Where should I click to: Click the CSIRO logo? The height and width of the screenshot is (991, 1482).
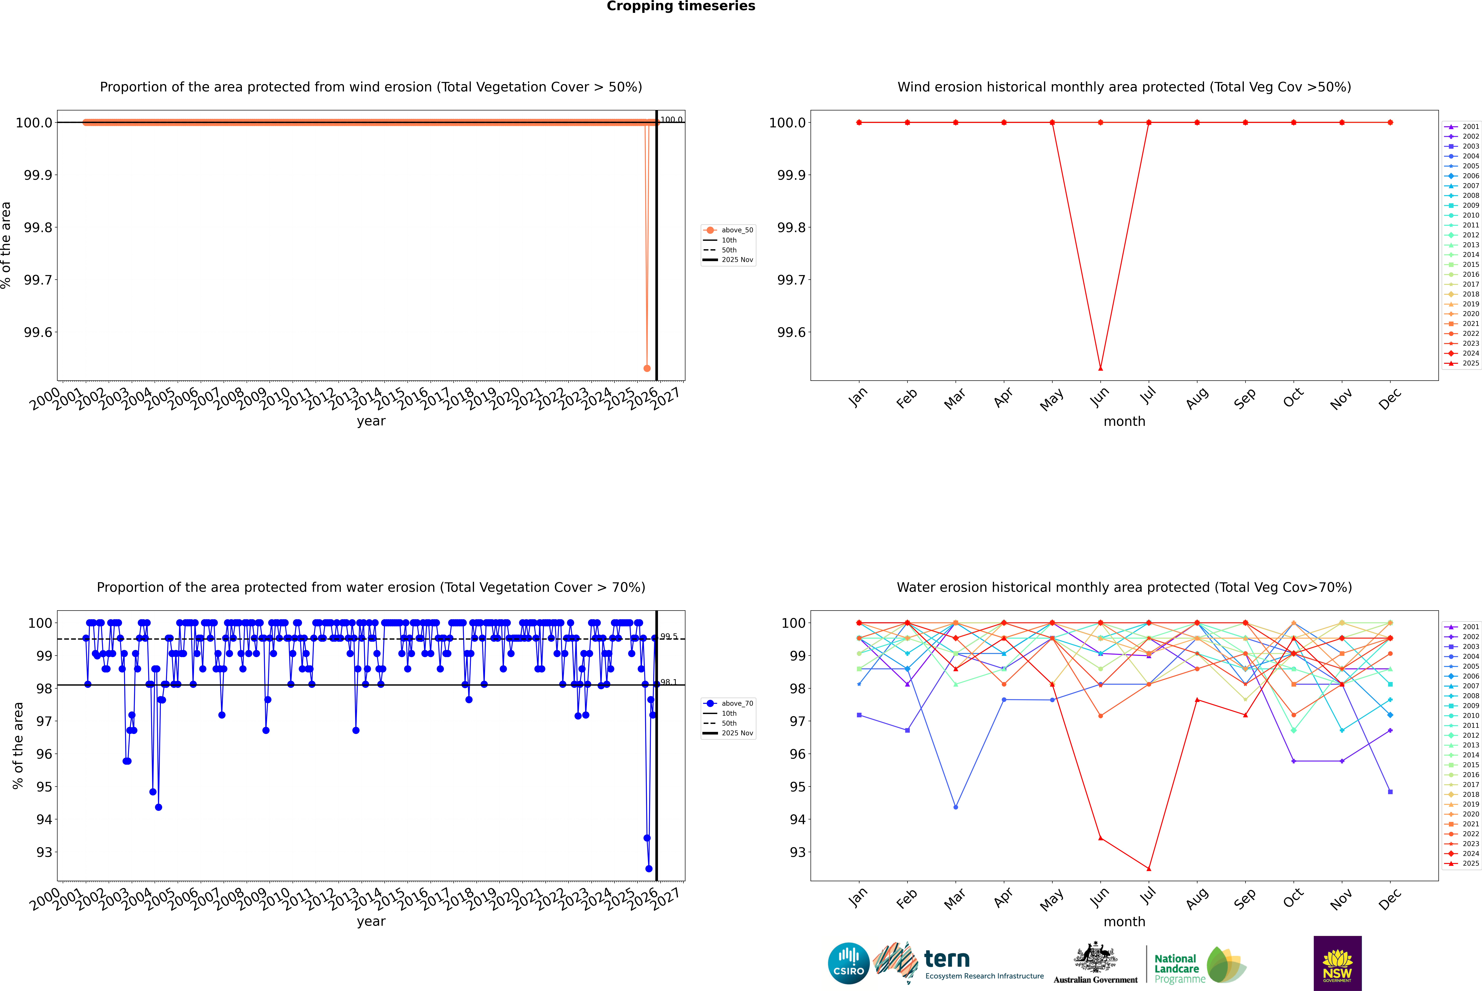848,963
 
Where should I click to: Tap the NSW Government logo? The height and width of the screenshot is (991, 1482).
1337,963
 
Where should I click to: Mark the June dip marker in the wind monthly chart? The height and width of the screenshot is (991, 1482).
1100,368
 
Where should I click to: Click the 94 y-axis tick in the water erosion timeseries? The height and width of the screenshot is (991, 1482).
44,820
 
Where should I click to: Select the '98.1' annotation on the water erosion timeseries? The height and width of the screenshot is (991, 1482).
668,683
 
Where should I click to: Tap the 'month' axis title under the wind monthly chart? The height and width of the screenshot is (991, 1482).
1124,422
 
